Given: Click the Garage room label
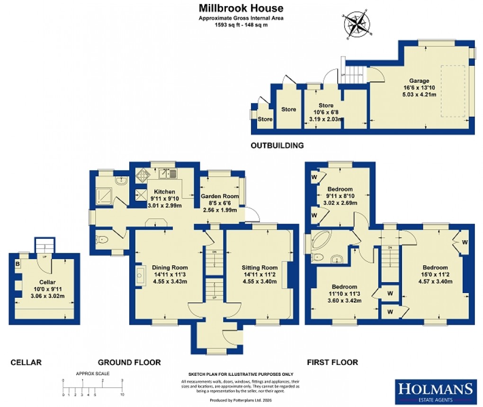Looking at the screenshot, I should pyautogui.click(x=420, y=80).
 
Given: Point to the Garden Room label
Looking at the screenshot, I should pyautogui.click(x=219, y=196).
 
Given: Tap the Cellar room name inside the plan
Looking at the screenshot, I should pyautogui.click(x=45, y=282).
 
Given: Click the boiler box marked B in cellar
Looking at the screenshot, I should pyautogui.click(x=18, y=264).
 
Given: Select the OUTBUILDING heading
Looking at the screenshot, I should pyautogui.click(x=277, y=146).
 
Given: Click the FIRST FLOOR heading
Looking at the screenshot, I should pyautogui.click(x=332, y=362).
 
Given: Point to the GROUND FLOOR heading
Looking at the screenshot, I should pyautogui.click(x=129, y=362).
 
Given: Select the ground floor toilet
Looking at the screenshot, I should pyautogui.click(x=103, y=240).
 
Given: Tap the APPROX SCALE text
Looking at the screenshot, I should pyautogui.click(x=92, y=373).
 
